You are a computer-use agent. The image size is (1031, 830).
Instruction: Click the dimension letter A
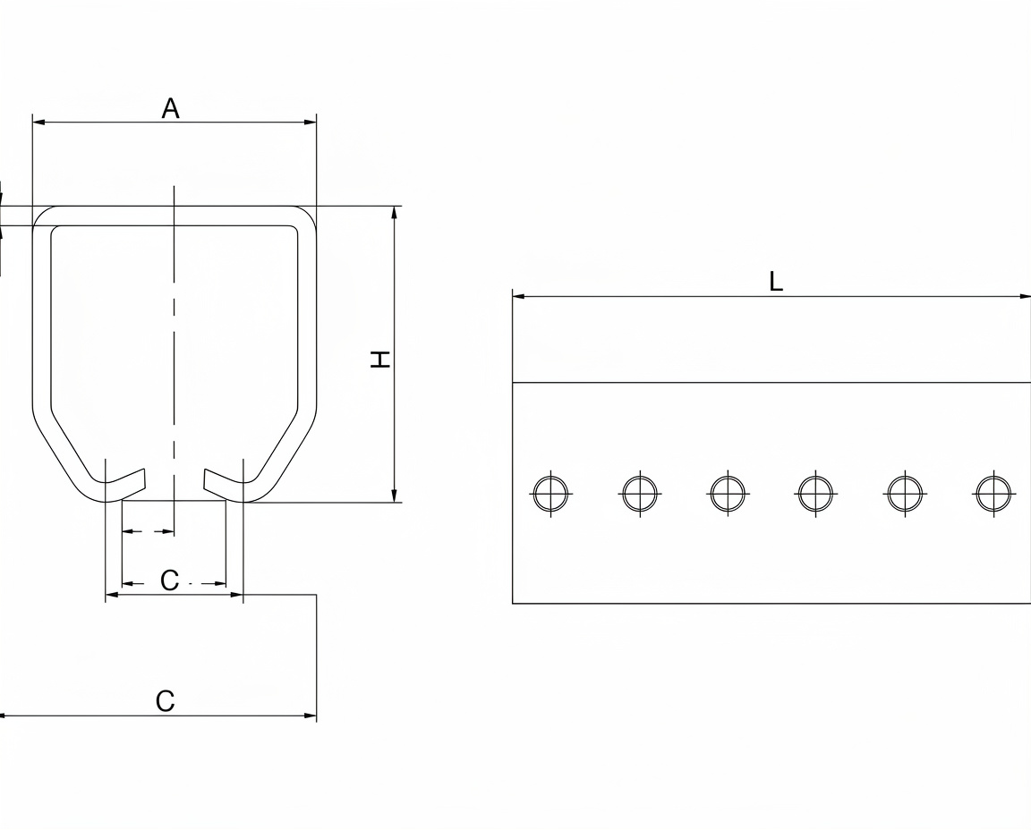[170, 108]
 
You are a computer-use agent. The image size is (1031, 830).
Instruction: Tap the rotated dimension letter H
[380, 359]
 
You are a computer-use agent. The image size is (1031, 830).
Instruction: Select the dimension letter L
[776, 282]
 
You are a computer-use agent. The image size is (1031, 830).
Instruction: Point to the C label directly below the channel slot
[170, 580]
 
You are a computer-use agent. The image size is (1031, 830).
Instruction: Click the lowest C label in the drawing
[165, 701]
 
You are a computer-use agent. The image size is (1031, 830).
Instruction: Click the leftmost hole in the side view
[551, 493]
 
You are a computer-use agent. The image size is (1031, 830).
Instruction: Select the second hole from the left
[639, 493]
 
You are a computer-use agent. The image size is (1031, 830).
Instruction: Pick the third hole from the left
[728, 493]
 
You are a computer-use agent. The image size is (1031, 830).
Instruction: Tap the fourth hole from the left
[816, 493]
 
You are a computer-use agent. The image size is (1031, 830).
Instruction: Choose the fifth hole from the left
[905, 493]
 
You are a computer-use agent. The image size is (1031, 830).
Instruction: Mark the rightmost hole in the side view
[993, 493]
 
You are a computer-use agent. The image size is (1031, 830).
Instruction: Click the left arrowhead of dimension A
[38, 123]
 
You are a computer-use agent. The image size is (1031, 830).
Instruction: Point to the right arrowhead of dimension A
[310, 123]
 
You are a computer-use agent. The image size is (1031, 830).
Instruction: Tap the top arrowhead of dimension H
[394, 212]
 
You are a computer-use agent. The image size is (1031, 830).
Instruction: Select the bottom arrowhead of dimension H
[394, 496]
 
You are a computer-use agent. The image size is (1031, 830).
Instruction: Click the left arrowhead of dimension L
[519, 296]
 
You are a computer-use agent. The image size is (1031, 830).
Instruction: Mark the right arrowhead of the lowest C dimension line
[310, 716]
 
